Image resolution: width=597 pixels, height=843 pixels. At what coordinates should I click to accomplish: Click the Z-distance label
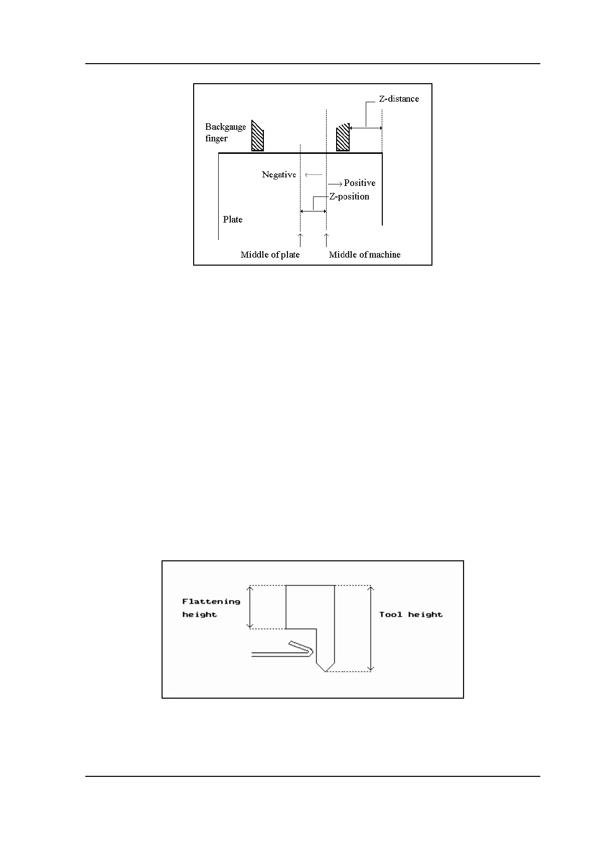[x=398, y=99]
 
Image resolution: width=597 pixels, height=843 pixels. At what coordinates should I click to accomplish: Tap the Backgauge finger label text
[x=225, y=132]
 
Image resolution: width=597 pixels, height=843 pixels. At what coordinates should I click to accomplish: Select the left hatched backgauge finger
[x=257, y=136]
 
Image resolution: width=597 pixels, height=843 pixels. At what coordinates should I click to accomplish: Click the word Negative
[x=279, y=174]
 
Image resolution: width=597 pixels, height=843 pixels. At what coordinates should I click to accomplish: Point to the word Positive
[x=359, y=183]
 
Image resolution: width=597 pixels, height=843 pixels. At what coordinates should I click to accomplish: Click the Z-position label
[x=349, y=196]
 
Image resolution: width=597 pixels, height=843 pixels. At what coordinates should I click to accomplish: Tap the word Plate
[x=233, y=220]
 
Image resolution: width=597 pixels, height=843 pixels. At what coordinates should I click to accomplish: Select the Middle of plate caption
[x=270, y=255]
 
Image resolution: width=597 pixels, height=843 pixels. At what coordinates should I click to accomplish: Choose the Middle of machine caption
[x=365, y=255]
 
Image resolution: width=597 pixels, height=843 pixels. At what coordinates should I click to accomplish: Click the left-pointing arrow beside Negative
[x=313, y=175]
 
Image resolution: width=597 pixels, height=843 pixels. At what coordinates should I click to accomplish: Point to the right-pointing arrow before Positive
[x=335, y=183]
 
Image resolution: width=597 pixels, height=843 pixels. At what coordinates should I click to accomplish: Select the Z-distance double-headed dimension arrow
[x=366, y=128]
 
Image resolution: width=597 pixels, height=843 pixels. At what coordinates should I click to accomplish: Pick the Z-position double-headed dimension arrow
[x=313, y=211]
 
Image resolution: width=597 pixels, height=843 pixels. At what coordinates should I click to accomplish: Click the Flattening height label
[x=211, y=607]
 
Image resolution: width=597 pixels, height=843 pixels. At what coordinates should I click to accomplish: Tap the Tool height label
[x=411, y=614]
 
